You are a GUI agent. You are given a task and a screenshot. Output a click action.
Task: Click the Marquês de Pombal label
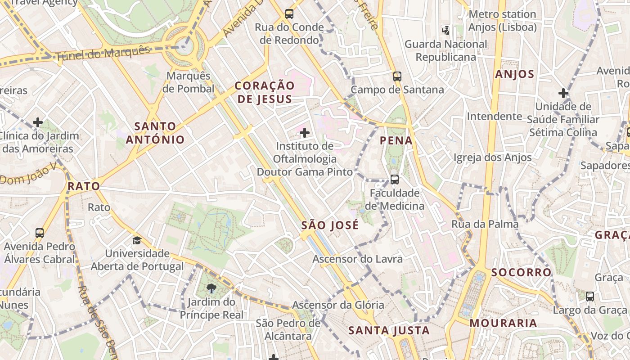[188, 82]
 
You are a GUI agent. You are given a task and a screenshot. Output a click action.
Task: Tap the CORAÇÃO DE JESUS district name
[265, 92]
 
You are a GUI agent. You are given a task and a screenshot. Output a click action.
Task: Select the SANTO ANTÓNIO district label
[155, 133]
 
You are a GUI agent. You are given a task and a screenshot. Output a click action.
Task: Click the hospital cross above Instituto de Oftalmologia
[305, 133]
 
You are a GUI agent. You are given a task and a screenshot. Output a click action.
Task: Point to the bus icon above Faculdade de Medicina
[395, 180]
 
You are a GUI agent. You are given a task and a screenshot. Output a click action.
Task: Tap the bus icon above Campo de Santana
[397, 76]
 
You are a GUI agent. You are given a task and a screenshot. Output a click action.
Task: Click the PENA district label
[396, 140]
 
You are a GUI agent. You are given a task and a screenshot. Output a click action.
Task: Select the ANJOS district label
[514, 74]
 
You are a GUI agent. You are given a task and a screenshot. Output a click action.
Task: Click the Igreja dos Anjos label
[492, 157]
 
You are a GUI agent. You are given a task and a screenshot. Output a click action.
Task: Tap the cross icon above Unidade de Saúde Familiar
[563, 93]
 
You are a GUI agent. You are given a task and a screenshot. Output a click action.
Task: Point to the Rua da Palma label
[485, 224]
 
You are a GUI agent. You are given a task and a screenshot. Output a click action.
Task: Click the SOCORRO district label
[521, 272]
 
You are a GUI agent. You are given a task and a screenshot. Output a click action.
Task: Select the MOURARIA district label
[503, 323]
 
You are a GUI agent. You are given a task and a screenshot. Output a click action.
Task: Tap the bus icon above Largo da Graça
[589, 297]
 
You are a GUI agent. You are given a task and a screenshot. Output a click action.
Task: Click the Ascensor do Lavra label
[357, 259]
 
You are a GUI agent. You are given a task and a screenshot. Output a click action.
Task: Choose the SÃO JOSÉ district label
[329, 225]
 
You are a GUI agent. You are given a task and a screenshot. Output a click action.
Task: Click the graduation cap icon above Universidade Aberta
[137, 240]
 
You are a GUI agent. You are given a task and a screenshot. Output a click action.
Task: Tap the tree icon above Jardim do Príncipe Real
[211, 288]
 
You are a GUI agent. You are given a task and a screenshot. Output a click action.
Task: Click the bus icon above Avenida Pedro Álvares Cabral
[40, 233]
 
